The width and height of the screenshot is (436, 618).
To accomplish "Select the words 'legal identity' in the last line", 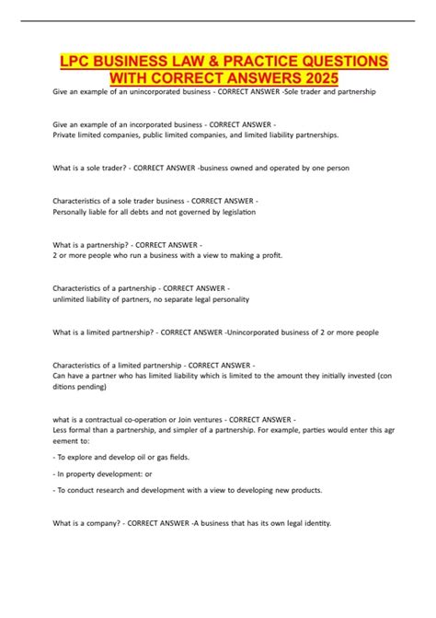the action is click(304, 523).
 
